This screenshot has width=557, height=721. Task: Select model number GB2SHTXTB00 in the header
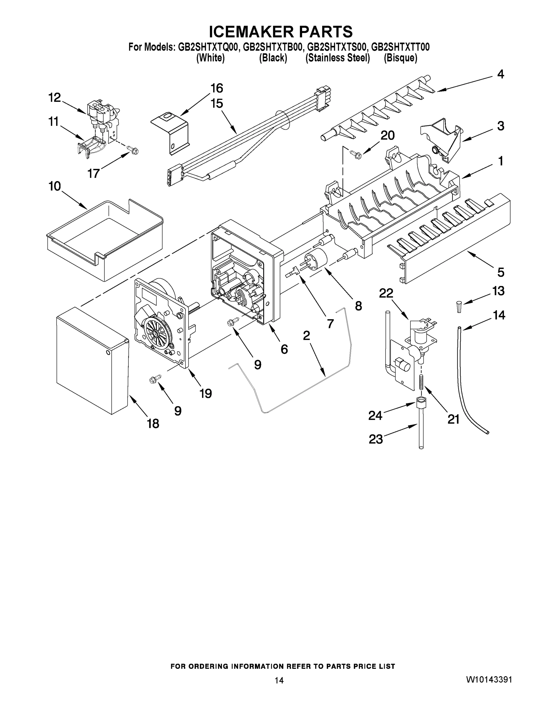[x=272, y=47]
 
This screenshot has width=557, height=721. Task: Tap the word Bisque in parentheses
[x=400, y=58]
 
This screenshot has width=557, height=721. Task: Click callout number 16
[x=217, y=88]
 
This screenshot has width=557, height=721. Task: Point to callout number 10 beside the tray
[x=55, y=186]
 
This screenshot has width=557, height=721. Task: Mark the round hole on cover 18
[x=108, y=353]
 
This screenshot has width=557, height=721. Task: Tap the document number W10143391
[x=489, y=680]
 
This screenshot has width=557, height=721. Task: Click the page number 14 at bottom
[x=279, y=680]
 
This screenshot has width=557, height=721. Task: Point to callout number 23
[x=376, y=439]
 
